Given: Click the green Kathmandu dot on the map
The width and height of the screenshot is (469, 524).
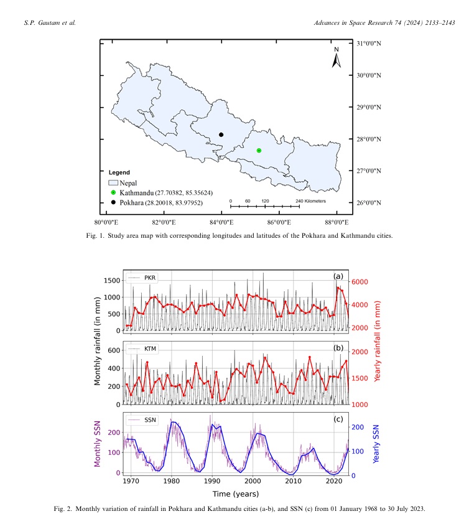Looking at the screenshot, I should tap(259, 151).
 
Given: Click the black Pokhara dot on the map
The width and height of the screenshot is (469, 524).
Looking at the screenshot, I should tap(221, 134).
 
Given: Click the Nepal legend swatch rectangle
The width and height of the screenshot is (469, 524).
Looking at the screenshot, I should tap(113, 184).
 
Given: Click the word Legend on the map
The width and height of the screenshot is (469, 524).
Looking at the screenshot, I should tap(119, 172).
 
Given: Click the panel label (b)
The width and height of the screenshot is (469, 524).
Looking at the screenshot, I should tap(338, 347).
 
